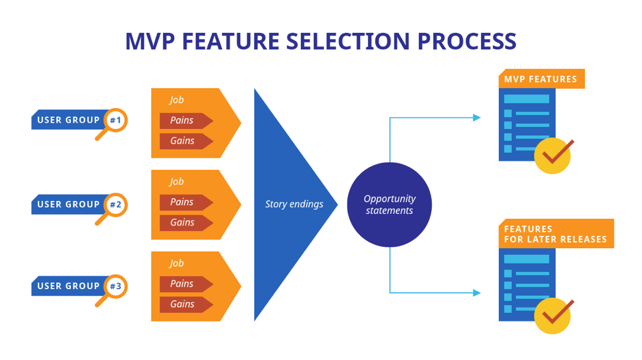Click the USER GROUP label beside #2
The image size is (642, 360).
(x=68, y=205)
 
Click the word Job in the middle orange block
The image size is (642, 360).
(x=177, y=182)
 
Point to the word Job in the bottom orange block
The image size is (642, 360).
(x=177, y=263)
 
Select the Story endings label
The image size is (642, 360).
(x=294, y=204)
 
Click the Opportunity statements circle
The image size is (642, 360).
(x=389, y=205)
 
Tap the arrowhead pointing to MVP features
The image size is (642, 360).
(x=477, y=118)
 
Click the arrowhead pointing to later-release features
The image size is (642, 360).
(x=477, y=293)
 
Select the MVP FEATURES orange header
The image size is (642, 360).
(x=541, y=79)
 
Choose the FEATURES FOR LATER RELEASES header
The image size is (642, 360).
(x=556, y=234)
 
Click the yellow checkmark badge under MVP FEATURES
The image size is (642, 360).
(x=553, y=156)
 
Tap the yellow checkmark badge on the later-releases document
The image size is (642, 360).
(x=553, y=316)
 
